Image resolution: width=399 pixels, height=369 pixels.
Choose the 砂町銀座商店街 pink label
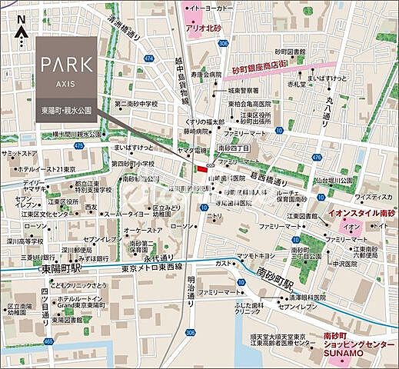click(x=291, y=69)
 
